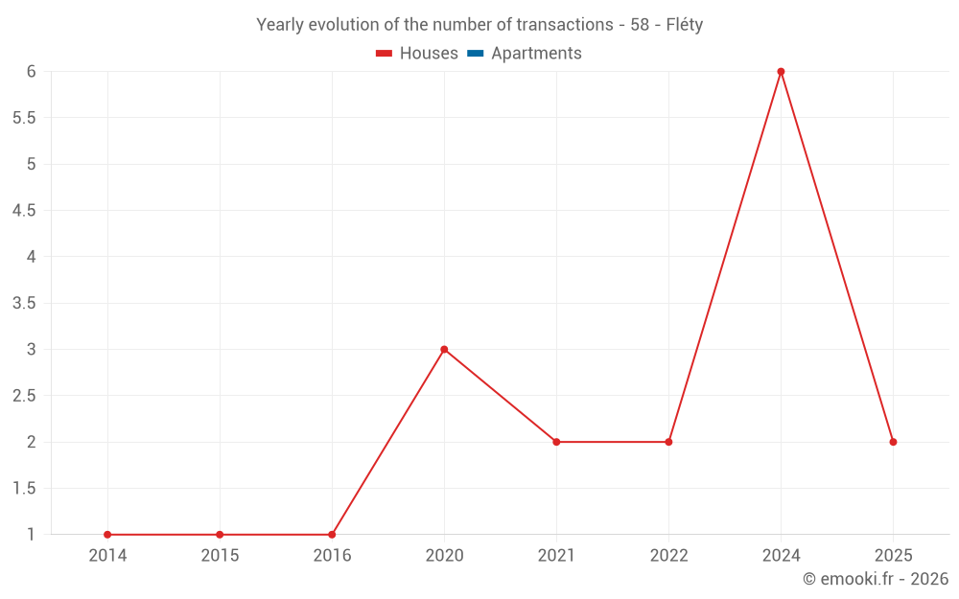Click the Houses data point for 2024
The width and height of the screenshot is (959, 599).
click(x=781, y=72)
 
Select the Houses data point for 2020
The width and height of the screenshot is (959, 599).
click(x=444, y=350)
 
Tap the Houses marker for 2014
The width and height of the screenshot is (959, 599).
click(x=107, y=535)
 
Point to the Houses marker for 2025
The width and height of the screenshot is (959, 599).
click(x=893, y=442)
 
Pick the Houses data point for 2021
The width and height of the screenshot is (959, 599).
click(x=556, y=442)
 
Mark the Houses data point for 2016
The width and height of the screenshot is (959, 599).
click(x=332, y=535)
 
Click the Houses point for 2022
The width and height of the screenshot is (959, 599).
click(x=668, y=442)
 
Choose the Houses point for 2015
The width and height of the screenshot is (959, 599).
click(x=220, y=535)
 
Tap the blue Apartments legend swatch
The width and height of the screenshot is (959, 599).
click(x=476, y=54)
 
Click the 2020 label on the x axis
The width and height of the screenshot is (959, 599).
click(x=444, y=555)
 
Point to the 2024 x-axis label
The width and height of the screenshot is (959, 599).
click(x=781, y=555)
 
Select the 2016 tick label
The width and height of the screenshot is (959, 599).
click(x=332, y=555)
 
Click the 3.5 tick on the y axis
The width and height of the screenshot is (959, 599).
click(x=24, y=303)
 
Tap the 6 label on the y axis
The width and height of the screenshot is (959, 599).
click(x=31, y=71)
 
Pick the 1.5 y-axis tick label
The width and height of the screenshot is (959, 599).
click(x=24, y=488)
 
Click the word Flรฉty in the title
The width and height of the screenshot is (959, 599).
click(x=684, y=25)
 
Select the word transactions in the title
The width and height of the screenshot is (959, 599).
click(x=565, y=25)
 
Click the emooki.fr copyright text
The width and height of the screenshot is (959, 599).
click(x=875, y=579)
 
